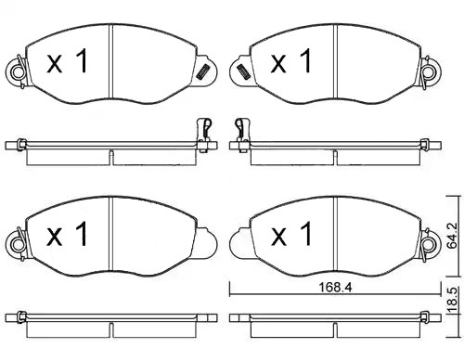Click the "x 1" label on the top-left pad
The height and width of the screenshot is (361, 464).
(x=67, y=63)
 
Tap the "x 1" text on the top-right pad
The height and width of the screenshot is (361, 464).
(x=290, y=63)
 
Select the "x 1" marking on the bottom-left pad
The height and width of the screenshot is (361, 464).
(x=67, y=236)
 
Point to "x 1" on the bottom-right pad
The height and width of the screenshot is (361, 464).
(x=290, y=238)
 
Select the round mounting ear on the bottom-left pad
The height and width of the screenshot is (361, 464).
(x=15, y=245)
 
